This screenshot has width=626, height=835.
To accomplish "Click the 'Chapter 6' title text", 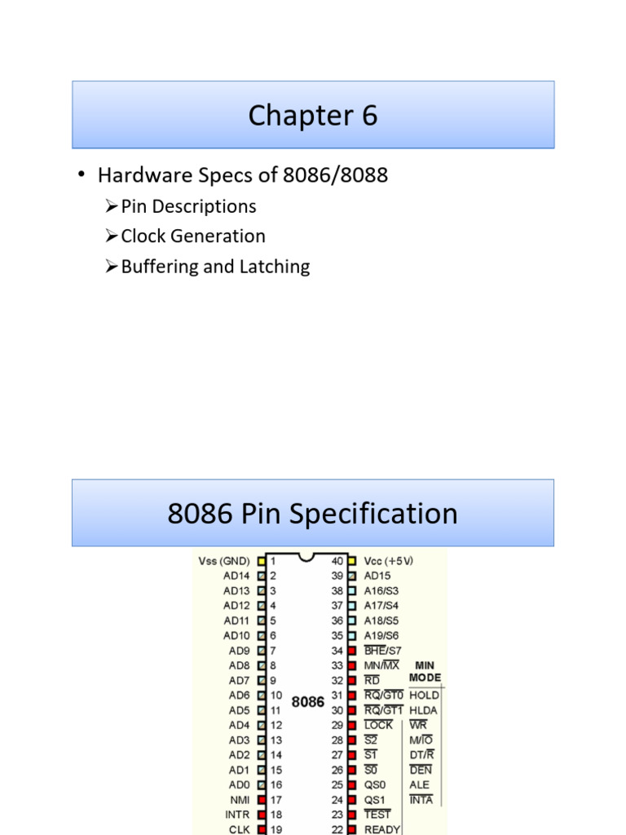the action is [313, 116].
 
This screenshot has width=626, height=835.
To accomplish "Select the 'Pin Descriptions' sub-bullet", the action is [188, 206].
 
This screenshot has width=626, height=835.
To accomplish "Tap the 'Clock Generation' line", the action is [193, 236].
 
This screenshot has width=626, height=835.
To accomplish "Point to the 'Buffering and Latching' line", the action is [215, 267].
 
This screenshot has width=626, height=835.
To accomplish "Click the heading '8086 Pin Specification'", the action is [313, 514].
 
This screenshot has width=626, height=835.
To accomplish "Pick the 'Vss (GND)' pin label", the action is [224, 561].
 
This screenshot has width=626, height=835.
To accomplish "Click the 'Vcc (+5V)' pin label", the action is [389, 561].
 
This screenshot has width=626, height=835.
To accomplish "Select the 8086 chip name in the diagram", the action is [308, 701].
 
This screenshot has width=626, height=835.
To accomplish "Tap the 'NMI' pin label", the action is [240, 799].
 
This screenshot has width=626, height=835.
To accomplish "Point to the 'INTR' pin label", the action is [237, 814].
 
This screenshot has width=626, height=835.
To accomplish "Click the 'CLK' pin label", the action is [240, 828].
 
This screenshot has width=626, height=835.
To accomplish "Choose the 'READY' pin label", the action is [382, 828].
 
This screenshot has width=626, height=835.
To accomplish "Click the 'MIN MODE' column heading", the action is [425, 671].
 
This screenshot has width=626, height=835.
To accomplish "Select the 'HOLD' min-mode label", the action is [424, 696].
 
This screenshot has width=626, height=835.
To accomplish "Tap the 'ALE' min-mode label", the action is [419, 784].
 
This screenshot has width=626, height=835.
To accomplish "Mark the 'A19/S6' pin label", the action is [381, 635].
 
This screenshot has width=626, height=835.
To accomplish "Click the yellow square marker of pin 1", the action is [261, 561].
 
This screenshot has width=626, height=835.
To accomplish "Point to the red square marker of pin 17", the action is [261, 799].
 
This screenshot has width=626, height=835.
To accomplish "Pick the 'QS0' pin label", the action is [375, 784].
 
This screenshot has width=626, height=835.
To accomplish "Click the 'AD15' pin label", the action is [377, 576].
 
